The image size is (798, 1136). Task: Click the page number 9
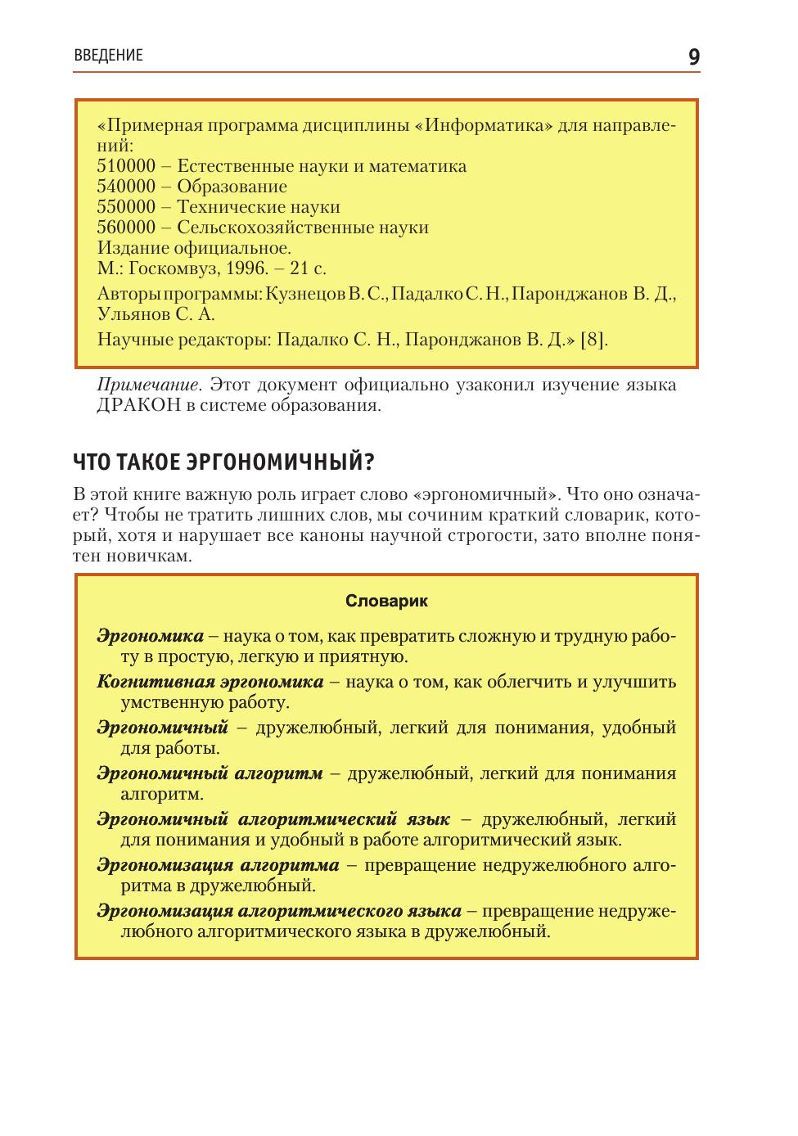tap(693, 56)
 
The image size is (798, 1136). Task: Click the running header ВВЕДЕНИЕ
tap(108, 56)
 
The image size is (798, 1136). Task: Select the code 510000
tap(126, 166)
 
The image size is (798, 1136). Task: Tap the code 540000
tap(126, 187)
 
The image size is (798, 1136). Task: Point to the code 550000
tap(126, 207)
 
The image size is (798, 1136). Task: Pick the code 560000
tap(126, 228)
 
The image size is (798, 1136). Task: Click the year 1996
tap(246, 268)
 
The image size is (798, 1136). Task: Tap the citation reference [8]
tap(593, 340)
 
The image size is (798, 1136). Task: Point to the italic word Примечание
tap(147, 385)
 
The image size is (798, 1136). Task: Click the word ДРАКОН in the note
tap(138, 406)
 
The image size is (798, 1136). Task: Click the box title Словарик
tap(386, 601)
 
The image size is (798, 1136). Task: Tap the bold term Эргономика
tap(150, 636)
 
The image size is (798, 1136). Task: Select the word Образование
tap(232, 187)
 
